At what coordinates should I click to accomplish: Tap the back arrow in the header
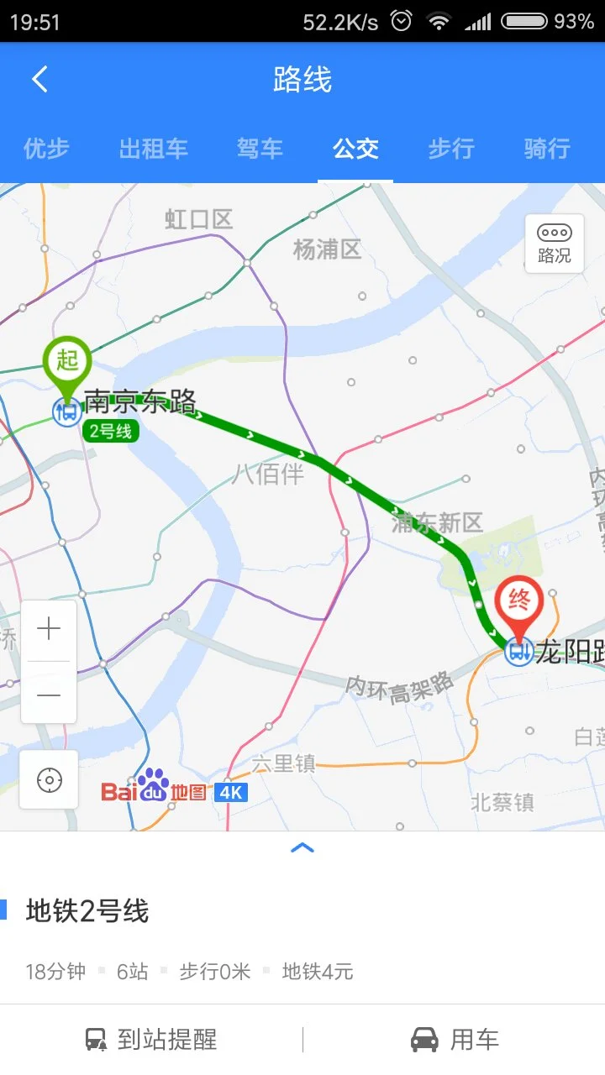pos(39,80)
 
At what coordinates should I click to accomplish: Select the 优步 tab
pos(46,149)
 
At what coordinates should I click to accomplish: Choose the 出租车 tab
pos(153,149)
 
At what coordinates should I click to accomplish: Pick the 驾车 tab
pos(260,149)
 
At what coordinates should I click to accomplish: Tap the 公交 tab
pos(355,149)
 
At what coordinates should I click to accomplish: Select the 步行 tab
pos(451,149)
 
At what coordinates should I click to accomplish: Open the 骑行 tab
pos(547,149)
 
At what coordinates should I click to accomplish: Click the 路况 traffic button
pos(554,244)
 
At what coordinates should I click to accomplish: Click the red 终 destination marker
pos(518,602)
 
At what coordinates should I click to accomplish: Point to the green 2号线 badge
pos(111,432)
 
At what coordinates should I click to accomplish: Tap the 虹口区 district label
pos(198,220)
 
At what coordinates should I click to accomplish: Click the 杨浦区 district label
pos(327,249)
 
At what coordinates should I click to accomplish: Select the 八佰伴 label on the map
pos(268,474)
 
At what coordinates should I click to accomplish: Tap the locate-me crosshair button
pos(49,780)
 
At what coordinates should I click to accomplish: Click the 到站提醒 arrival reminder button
pos(151,1040)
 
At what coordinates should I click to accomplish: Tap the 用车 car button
pos(455,1040)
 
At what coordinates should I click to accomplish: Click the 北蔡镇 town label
pos(502,802)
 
